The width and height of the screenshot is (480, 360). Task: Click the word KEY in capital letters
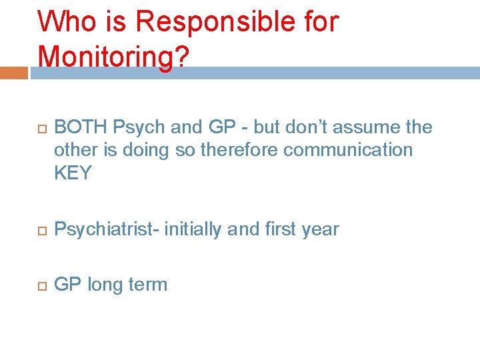73,173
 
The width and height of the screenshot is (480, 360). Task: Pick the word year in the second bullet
320,229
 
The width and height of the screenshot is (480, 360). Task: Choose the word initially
194,229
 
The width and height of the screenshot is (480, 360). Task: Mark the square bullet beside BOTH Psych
40,128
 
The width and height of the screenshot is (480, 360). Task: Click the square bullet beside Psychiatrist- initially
40,230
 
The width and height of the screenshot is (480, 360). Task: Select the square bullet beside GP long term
40,285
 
